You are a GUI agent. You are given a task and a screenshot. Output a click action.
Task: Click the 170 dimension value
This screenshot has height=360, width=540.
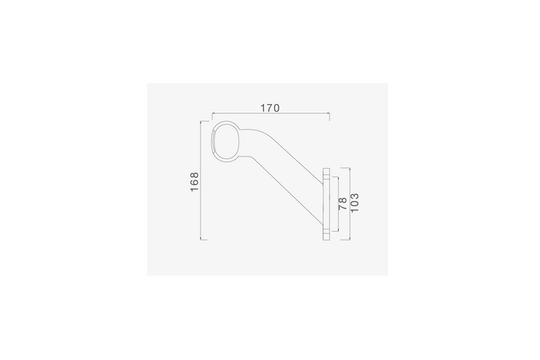tap(270, 108)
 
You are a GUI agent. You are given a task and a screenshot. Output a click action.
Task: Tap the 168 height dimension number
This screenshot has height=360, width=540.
tap(194, 182)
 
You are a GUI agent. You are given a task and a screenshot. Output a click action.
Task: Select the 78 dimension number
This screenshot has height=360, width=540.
tap(343, 204)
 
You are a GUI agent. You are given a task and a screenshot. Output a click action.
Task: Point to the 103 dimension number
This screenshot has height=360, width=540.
tap(354, 203)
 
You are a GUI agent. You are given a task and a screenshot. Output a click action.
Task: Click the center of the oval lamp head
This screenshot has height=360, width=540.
tap(226, 142)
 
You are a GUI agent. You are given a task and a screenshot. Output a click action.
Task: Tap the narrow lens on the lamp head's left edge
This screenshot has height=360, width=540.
tap(214, 142)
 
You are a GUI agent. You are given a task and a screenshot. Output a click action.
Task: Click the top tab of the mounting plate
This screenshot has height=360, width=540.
tap(326, 173)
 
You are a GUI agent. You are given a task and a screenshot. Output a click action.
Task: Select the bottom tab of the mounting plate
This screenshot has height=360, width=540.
tap(326, 235)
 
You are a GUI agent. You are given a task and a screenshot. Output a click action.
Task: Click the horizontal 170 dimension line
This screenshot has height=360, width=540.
tap(271, 113)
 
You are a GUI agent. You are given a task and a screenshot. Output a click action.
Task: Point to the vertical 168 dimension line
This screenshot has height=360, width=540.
tap(201, 180)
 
